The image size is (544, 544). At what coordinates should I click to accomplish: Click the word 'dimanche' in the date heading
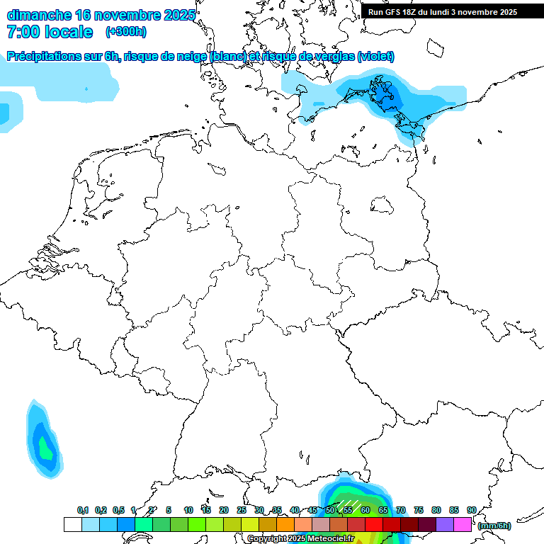pyautogui.click(x=38, y=15)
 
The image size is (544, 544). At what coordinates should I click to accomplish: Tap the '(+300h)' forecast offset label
pyautogui.click(x=126, y=32)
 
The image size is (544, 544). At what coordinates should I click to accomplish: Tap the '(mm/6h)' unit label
pyautogui.click(x=494, y=526)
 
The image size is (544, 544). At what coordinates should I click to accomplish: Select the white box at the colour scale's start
pyautogui.click(x=72, y=525)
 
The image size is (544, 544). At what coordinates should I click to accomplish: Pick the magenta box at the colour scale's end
pyautogui.click(x=463, y=525)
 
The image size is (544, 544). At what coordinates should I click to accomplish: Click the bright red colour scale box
pyautogui.click(x=374, y=525)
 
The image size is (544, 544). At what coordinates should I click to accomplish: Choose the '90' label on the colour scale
pyautogui.click(x=472, y=510)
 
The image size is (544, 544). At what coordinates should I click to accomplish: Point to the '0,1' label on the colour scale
pyautogui.click(x=83, y=510)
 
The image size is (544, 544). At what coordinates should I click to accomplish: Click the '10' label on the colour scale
pyautogui.click(x=188, y=510)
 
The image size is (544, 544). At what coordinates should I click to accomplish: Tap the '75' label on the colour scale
pyautogui.click(x=419, y=510)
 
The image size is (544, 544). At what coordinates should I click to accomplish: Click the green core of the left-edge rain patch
pyautogui.click(x=46, y=448)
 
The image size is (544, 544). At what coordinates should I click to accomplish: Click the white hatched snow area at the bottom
pyautogui.click(x=347, y=506)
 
